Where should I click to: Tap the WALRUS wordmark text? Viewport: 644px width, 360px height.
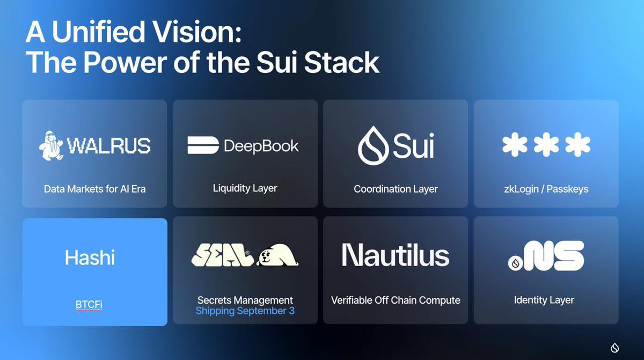pos(109,146)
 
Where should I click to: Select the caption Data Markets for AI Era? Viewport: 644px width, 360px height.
pos(94,189)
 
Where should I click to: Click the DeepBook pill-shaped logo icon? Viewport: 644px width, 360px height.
pos(203,145)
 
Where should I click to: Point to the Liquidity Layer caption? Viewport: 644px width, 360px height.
pos(245,188)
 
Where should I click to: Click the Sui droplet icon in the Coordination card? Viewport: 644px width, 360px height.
pos(373,145)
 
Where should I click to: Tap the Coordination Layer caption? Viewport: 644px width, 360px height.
pos(396,189)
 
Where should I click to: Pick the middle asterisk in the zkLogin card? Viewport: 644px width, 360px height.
pos(546,145)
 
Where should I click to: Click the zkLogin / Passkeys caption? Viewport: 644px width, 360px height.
pos(546,189)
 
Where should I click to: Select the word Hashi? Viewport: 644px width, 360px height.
pos(90,258)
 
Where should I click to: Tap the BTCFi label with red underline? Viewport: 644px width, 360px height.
pos(89,305)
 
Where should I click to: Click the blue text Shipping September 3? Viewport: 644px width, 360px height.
pos(245,311)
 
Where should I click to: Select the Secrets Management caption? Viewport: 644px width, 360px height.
pos(245,300)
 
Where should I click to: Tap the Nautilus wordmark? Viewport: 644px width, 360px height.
pos(396,255)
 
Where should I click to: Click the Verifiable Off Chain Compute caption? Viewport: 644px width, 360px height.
pos(396,300)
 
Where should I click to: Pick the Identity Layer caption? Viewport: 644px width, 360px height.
pos(544,300)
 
